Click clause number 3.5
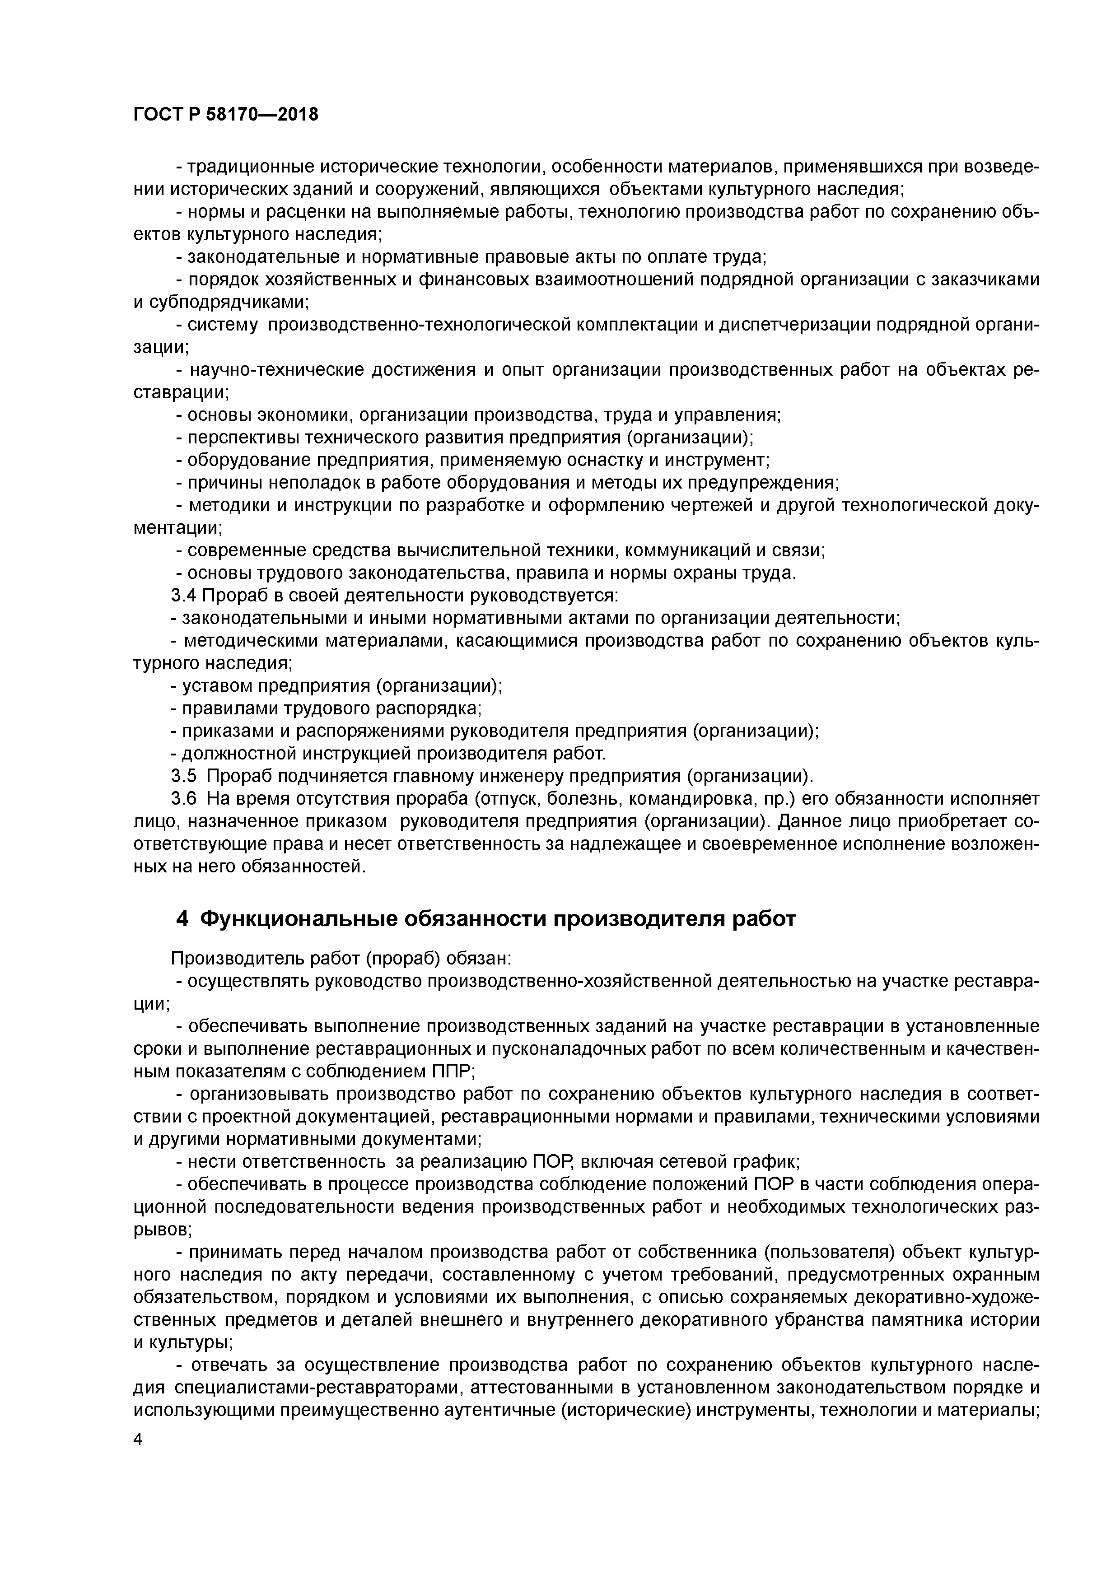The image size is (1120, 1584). (x=183, y=776)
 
